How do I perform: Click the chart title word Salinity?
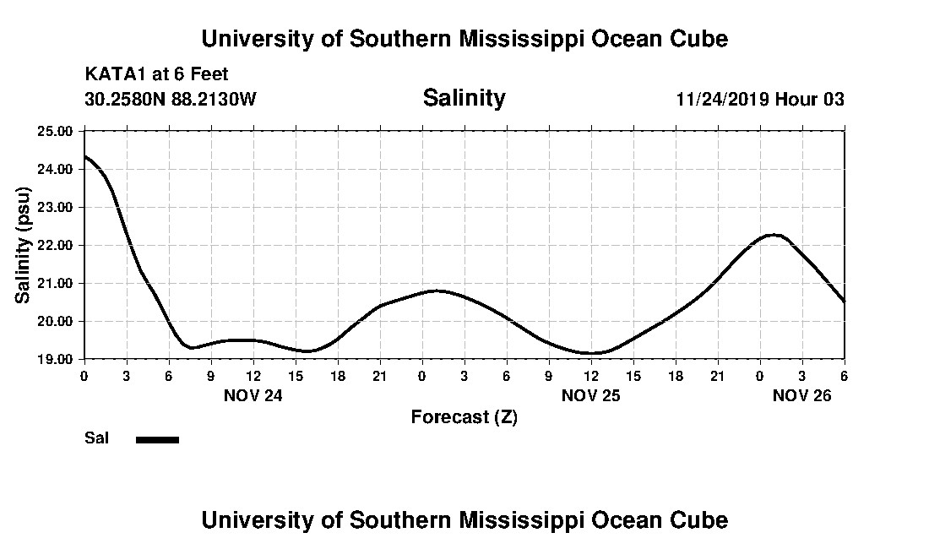click(x=464, y=98)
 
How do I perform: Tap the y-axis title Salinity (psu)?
click(x=24, y=245)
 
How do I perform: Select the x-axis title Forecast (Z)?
click(x=464, y=416)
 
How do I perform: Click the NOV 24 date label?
click(x=253, y=395)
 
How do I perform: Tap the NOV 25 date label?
click(x=590, y=395)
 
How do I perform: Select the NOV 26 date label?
click(x=802, y=395)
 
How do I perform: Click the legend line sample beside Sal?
click(x=158, y=439)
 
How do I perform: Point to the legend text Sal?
click(x=96, y=438)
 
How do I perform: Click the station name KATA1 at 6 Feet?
click(x=156, y=74)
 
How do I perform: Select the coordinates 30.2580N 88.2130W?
click(x=170, y=99)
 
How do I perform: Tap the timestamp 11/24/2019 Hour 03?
click(x=760, y=99)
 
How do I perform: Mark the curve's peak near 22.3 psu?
click(x=774, y=234)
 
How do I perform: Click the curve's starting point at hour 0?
click(x=84, y=156)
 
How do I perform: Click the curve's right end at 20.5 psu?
click(x=844, y=301)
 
